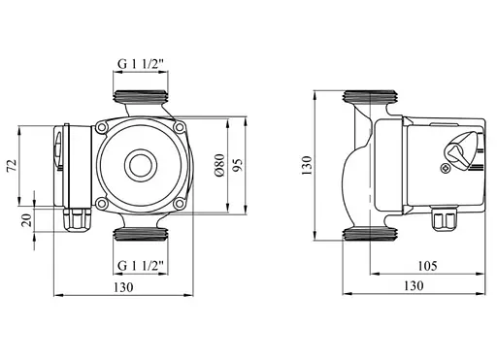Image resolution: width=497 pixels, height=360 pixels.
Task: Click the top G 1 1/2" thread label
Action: (142, 64)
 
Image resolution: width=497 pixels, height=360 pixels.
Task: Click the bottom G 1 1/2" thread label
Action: (142, 266)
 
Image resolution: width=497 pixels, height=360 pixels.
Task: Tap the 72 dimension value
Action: (12, 165)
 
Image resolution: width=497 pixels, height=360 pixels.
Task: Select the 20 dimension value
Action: (27, 220)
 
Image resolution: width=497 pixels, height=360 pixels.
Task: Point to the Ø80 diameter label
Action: (219, 165)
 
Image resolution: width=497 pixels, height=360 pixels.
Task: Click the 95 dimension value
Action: (238, 165)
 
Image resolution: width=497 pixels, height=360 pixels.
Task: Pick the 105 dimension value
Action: (427, 266)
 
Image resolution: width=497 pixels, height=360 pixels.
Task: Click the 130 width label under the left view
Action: (123, 287)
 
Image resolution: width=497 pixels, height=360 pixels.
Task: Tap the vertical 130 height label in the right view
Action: (307, 165)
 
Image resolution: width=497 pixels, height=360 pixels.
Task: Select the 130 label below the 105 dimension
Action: (414, 285)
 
